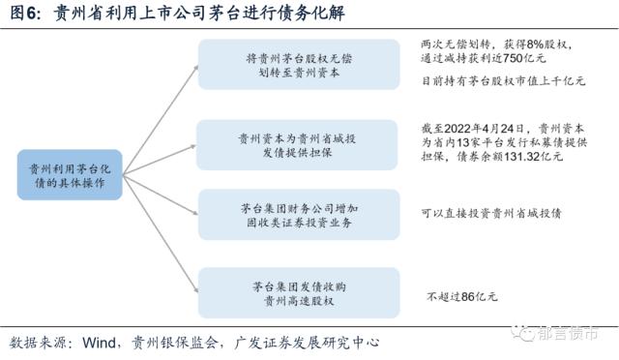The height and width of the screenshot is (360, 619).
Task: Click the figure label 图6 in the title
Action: coord(25,15)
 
